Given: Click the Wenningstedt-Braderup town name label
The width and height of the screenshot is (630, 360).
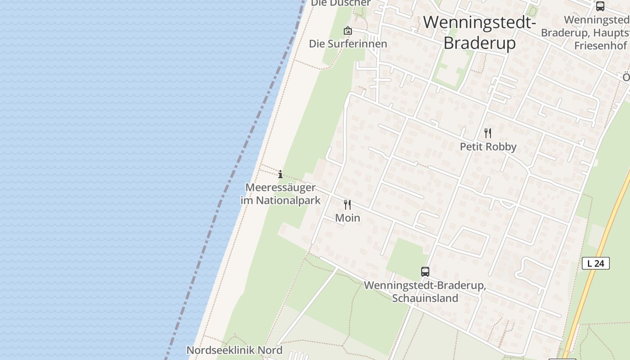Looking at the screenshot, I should [x=479, y=32].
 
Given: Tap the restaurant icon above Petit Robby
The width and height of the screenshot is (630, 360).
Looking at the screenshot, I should [x=487, y=133].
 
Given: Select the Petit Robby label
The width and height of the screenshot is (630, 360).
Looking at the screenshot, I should [x=488, y=147].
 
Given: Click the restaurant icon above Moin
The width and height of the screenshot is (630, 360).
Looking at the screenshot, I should [x=347, y=205].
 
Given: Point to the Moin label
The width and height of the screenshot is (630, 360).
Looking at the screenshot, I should [x=347, y=218].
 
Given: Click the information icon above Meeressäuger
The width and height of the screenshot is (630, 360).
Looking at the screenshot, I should [x=280, y=174].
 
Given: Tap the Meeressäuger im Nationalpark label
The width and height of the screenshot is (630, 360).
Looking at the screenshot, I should [x=280, y=194].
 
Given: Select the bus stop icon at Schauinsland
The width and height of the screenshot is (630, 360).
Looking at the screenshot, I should [x=425, y=272].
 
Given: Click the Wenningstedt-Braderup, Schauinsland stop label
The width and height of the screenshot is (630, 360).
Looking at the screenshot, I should [x=425, y=292].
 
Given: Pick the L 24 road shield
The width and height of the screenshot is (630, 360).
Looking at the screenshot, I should [x=595, y=263].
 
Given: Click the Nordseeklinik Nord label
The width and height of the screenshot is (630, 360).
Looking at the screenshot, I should [x=234, y=350].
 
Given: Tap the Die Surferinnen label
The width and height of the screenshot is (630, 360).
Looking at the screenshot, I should [x=348, y=44].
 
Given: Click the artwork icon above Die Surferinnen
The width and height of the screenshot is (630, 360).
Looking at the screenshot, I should [x=347, y=31].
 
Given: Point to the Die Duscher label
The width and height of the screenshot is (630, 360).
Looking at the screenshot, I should [x=341, y=3].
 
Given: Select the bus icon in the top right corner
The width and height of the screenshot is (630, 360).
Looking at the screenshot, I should [x=600, y=6].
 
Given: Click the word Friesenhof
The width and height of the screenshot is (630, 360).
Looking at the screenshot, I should [x=600, y=45].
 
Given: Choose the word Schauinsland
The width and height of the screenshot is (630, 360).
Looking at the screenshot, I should [x=425, y=298].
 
